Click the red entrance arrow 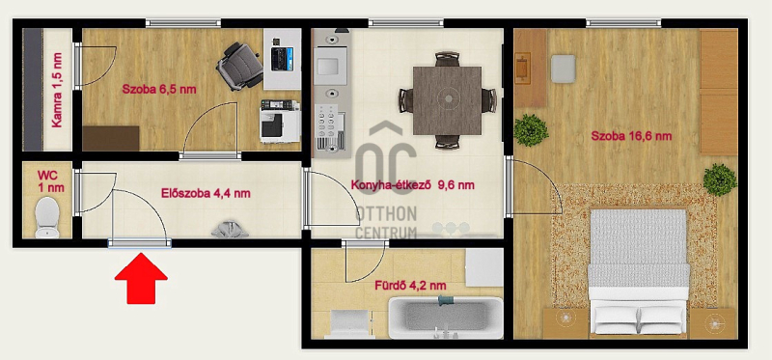coord(141,278)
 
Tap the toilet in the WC coord(47,218)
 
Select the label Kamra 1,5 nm coord(57,90)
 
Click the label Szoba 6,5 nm coord(159,90)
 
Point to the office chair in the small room coord(239,66)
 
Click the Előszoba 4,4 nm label coord(206,194)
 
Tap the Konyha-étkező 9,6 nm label coord(413,185)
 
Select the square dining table coord(447,100)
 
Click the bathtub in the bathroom coord(446,318)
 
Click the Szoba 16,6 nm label coord(631,136)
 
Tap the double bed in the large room coord(639,272)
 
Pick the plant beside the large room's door coord(531,130)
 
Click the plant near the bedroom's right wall coord(720,180)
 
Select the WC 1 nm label coord(51,181)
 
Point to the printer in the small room coord(280,122)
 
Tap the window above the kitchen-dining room coord(405,22)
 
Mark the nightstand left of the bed coord(565,323)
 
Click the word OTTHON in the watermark coord(386,213)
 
